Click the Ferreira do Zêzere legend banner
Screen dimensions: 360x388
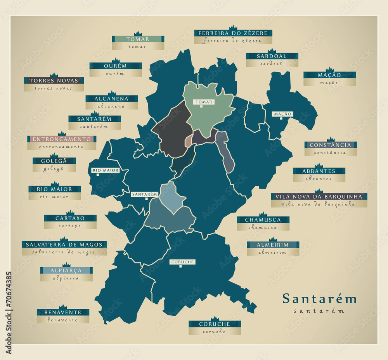point(233,33)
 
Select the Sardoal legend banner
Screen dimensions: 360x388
point(272,56)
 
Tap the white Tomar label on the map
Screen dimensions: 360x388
point(204,102)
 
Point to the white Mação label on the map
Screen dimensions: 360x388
point(282,114)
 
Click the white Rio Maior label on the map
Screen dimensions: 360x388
point(105,170)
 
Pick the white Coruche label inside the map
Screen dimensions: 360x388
point(182,262)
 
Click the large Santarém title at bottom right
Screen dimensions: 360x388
point(319,299)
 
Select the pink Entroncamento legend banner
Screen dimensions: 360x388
point(62,139)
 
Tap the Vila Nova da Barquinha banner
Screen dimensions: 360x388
point(319,197)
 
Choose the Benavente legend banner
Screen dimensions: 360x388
point(63,312)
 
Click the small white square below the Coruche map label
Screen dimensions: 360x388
point(180,267)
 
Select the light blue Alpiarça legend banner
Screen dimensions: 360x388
point(66,270)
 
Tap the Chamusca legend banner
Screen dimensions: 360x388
point(263,220)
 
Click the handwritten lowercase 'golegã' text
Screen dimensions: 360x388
point(54,169)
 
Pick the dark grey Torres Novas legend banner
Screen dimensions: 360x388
point(54,81)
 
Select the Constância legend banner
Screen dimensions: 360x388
point(330,145)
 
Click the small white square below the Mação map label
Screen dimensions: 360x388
point(281,119)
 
